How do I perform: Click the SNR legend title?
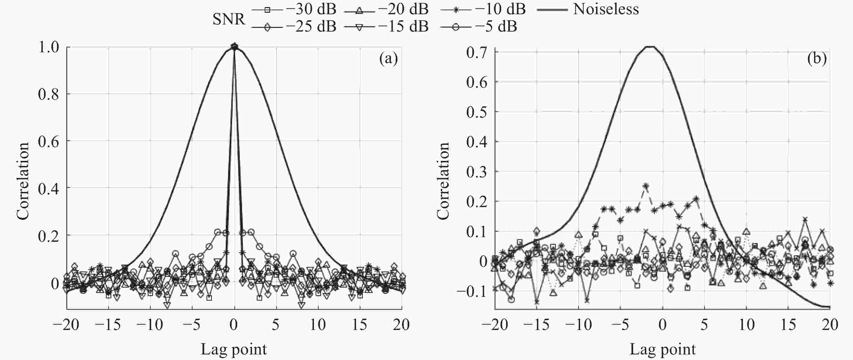(x=228, y=19)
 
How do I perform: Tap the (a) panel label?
(x=388, y=59)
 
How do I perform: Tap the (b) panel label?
(x=817, y=59)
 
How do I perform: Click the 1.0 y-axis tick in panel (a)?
(x=49, y=47)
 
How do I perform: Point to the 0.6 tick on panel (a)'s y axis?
(x=49, y=141)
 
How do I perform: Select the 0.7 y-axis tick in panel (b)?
(x=477, y=52)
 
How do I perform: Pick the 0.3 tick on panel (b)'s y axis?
(x=477, y=171)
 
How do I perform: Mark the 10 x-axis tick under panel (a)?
(x=318, y=325)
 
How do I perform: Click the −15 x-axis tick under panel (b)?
(x=536, y=325)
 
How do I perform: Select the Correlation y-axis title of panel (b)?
(x=443, y=181)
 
